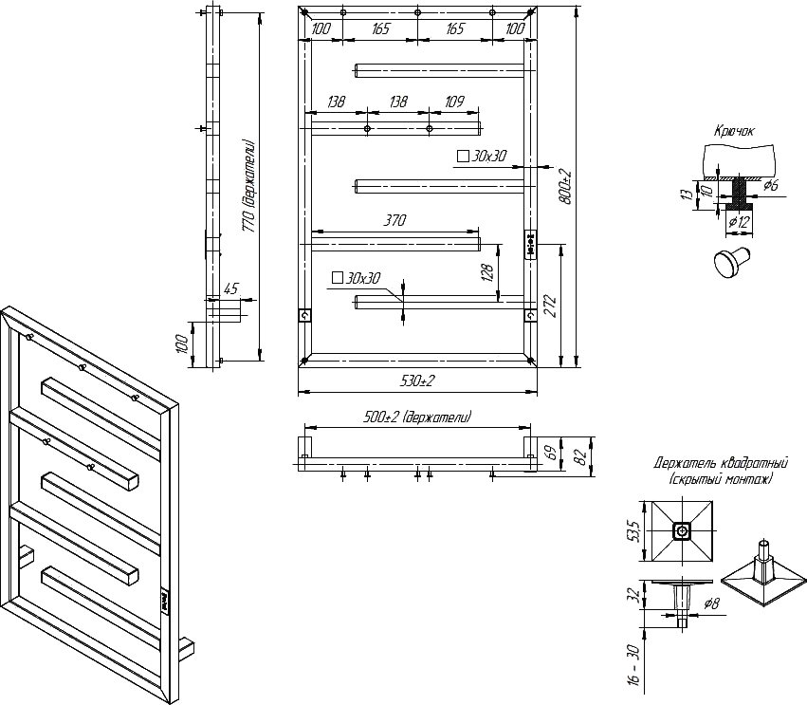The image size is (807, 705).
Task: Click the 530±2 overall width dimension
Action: click(417, 381)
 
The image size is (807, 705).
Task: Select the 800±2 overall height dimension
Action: click(566, 186)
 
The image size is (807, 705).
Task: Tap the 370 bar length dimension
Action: click(394, 220)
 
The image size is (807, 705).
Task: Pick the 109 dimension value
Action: click(453, 102)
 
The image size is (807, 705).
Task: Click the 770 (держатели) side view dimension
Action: click(249, 185)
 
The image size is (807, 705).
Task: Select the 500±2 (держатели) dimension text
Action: click(417, 417)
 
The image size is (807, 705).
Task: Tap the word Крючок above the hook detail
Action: click(734, 131)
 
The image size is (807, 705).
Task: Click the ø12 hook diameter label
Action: click(739, 222)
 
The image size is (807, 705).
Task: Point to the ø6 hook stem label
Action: click(770, 185)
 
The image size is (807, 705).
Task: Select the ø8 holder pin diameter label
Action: click(711, 603)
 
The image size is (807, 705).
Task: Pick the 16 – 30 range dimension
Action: click(634, 665)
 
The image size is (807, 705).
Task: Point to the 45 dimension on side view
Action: click(232, 288)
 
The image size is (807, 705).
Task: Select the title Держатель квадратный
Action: click(721, 463)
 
